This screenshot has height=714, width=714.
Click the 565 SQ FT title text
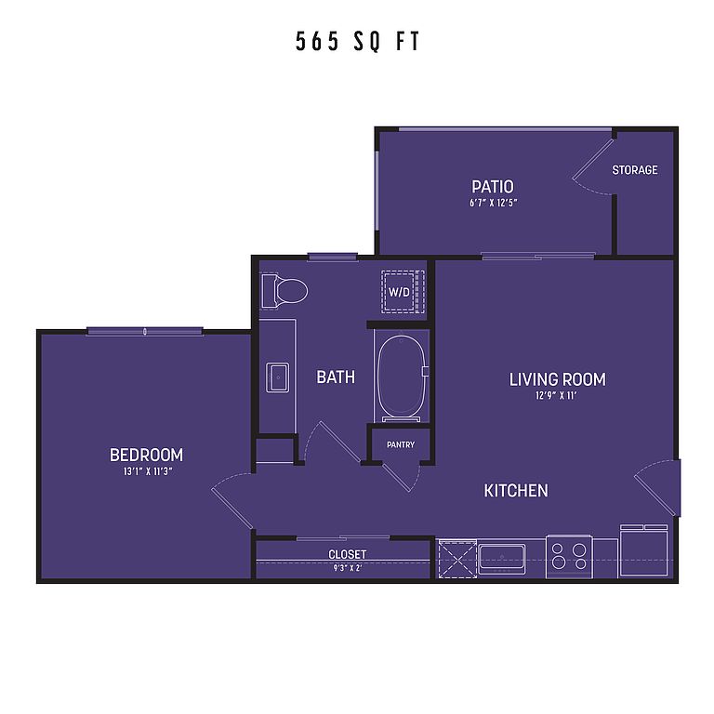point(357,41)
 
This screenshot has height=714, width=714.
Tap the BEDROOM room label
point(146,455)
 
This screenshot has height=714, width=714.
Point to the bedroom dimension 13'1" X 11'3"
point(147,471)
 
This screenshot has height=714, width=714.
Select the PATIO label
point(492,187)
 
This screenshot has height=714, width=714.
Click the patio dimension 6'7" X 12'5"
point(494,203)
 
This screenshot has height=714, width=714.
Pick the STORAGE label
point(635,170)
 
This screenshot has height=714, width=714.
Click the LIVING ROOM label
point(558,379)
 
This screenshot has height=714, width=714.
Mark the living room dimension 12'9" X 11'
point(557,395)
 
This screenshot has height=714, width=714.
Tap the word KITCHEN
point(516,491)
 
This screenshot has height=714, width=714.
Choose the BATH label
point(336,377)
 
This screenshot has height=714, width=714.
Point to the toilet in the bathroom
point(284,290)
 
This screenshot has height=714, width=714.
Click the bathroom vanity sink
point(277,377)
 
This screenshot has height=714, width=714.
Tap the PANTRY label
point(401,444)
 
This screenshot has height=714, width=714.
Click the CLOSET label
point(348,554)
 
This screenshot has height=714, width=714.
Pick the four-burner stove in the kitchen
point(569,557)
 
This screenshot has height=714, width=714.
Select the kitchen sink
point(502,559)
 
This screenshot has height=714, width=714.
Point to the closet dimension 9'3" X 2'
point(347,568)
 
